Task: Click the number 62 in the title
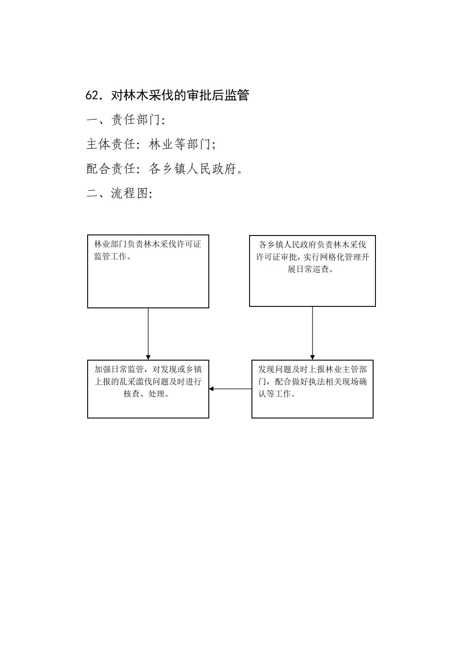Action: (91, 95)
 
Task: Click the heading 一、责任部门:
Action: (126, 120)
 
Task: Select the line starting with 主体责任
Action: (151, 144)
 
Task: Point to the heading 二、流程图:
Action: (120, 193)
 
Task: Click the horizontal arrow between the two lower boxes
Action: (230, 389)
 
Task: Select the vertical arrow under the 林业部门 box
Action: (148, 334)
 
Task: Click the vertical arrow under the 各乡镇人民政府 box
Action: (312, 333)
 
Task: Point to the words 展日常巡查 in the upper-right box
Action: (308, 269)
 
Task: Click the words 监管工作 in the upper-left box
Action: (111, 256)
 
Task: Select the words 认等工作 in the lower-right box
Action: (275, 394)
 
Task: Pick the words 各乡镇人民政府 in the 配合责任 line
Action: (192, 169)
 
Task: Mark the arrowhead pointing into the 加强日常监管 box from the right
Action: (211, 389)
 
